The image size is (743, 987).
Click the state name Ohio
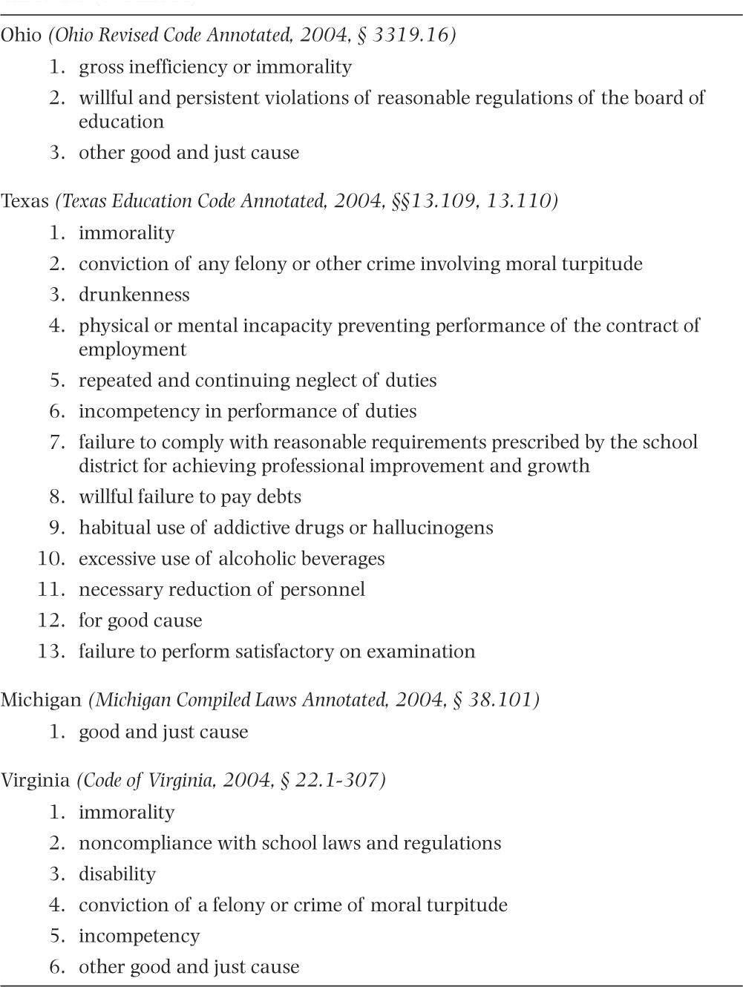21,36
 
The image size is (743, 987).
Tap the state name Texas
24,202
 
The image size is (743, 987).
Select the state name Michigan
41,701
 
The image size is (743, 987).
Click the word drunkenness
134,295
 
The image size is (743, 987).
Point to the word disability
117,874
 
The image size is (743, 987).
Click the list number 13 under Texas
51,652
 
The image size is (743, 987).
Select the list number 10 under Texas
51,559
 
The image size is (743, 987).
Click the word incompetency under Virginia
140,937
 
